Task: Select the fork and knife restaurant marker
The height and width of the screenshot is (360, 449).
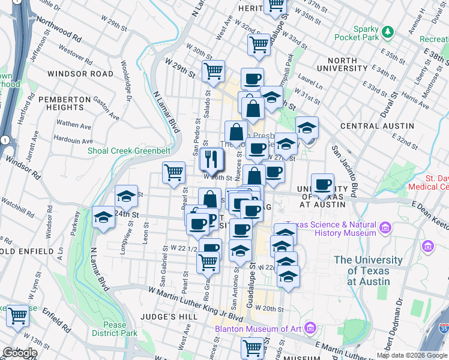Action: (x=210, y=160)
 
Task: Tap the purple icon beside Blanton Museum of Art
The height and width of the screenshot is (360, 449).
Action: (x=310, y=328)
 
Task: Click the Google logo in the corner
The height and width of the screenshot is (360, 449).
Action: (x=19, y=353)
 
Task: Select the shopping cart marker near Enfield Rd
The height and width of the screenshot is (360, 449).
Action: (x=18, y=316)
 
